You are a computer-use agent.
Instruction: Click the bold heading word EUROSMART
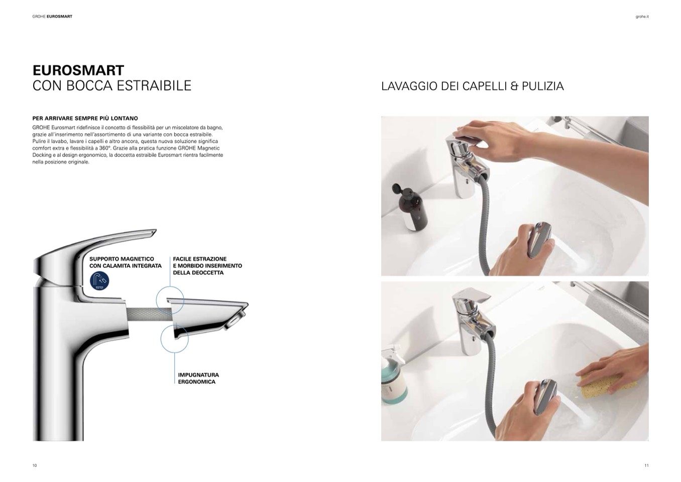[78, 70]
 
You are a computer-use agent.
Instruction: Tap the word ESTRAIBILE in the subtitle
[154, 85]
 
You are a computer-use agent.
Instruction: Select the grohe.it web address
[642, 17]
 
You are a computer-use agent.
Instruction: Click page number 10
[35, 465]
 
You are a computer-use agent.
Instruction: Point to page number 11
[646, 465]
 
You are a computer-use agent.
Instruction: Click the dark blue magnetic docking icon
[99, 281]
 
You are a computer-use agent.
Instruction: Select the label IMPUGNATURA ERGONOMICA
[198, 378]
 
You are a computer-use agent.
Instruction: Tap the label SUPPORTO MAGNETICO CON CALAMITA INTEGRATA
[125, 262]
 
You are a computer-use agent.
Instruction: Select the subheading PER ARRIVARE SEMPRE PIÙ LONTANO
[85, 118]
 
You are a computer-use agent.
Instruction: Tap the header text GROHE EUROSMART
[52, 17]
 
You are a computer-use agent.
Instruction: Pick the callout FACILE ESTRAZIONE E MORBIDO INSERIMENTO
[207, 266]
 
